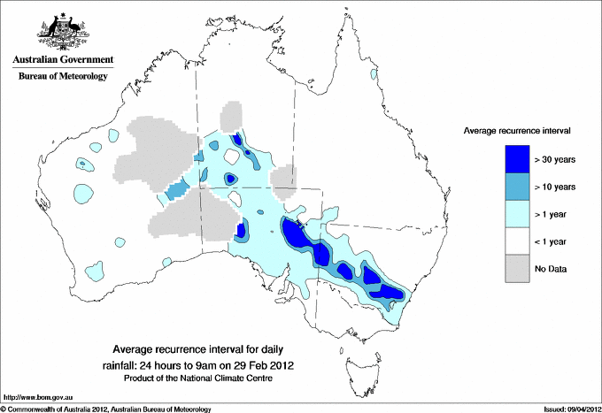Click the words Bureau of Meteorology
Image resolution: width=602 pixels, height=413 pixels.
[x=63, y=76]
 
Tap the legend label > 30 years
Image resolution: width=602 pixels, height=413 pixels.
[x=555, y=159]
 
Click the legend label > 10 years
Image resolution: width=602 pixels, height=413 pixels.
[x=555, y=187]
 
